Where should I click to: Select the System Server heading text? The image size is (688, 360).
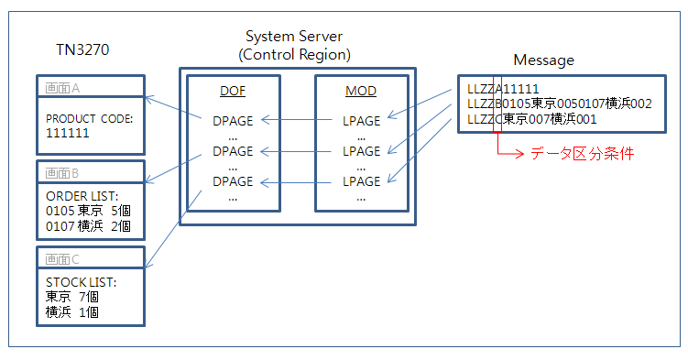pos(294,37)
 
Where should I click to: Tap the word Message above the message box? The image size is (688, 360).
pos(543,60)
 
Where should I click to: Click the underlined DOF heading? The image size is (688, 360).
pos(232,93)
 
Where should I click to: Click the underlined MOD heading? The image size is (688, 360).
pos(360,93)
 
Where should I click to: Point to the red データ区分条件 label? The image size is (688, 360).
pos(583,154)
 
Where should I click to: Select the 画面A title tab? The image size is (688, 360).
pos(63,87)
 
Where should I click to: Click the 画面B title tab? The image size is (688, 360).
pos(63,172)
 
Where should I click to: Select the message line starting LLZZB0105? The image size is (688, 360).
pos(559,104)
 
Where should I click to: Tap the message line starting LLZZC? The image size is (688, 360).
pos(531,119)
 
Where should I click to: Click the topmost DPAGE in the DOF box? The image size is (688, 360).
pos(232,119)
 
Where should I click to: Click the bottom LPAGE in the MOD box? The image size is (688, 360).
pos(360,181)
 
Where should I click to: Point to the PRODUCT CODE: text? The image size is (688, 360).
pos(89,118)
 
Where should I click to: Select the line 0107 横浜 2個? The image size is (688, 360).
pos(88,225)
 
